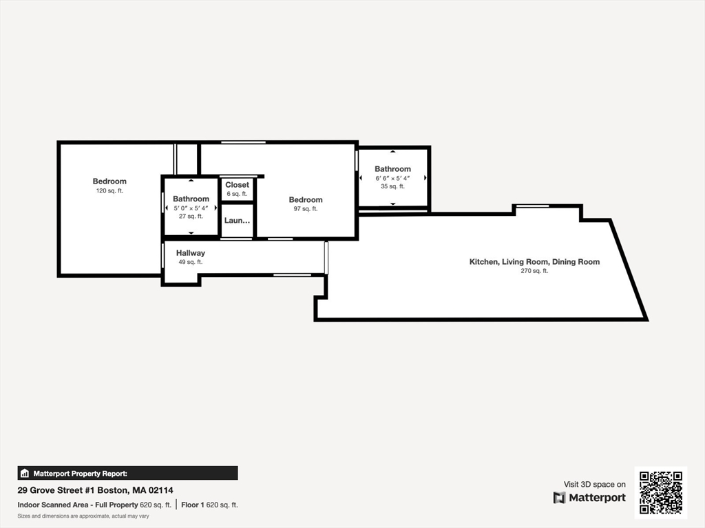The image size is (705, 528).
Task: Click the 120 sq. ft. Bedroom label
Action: (109, 181)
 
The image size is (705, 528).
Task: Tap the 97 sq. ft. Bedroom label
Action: (306, 200)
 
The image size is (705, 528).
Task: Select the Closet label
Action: (237, 185)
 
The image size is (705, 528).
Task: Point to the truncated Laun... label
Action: (237, 221)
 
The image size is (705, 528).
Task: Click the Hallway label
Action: (190, 253)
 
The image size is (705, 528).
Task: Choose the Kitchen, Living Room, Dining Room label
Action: (534, 262)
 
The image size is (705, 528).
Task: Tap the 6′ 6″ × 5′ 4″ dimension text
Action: (392, 178)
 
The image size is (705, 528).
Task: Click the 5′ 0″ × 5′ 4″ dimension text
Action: (191, 208)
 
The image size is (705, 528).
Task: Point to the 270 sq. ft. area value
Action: (534, 271)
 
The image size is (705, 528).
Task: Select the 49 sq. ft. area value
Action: (190, 262)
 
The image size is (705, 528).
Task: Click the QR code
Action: (660, 491)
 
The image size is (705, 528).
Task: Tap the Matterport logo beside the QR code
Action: (589, 498)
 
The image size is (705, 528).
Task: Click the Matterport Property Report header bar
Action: (127, 473)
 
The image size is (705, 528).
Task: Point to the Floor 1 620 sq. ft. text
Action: (209, 505)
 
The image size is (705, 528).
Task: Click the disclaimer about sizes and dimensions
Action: (83, 516)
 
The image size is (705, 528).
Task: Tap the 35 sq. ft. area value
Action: (392, 186)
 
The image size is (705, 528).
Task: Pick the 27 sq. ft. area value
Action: (191, 216)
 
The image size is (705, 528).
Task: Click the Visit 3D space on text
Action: (595, 485)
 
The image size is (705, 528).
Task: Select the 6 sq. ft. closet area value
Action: (237, 194)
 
